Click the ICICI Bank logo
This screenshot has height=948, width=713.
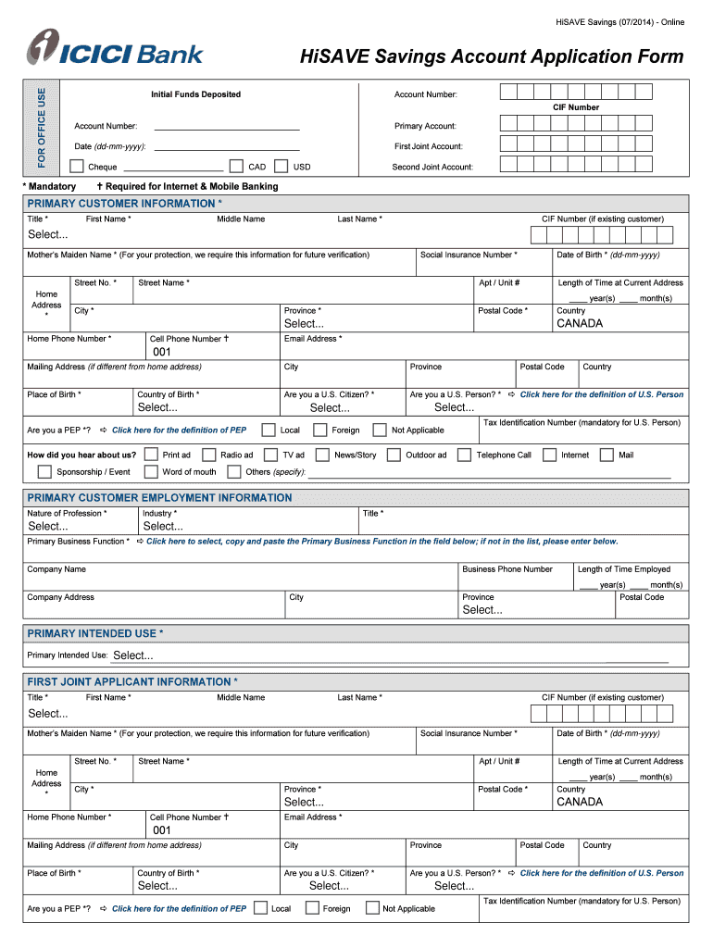pos(115,49)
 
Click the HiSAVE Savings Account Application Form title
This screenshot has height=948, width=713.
pos(492,57)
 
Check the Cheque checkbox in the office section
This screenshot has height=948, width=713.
pos(77,166)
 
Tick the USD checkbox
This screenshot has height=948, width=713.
pos(281,166)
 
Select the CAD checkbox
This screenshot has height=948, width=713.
pos(236,166)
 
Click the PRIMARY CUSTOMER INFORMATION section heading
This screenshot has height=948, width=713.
pos(125,204)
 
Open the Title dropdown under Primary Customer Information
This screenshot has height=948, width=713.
pos(48,233)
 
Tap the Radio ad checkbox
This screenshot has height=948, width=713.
pos(208,455)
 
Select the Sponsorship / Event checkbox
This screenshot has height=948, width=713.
pos(44,471)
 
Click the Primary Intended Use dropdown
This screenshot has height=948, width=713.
pos(133,655)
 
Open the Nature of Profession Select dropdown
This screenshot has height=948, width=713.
pos(48,527)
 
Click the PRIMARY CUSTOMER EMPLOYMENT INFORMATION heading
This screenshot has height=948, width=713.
pos(159,498)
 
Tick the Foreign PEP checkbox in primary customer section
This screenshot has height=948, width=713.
pos(319,430)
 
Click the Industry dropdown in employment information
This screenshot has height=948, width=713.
pos(163,527)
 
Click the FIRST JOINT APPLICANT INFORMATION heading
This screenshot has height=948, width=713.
pos(132,682)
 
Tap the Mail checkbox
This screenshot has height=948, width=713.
pos(607,455)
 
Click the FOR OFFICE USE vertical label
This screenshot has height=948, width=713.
pos(41,130)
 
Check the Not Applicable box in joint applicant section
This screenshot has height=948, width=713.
pos(371,908)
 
